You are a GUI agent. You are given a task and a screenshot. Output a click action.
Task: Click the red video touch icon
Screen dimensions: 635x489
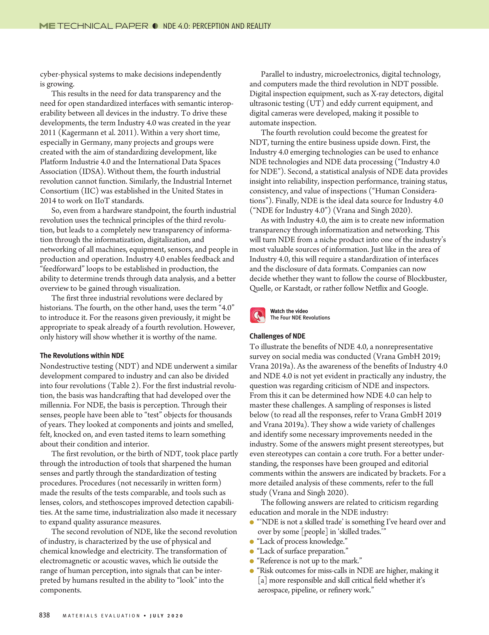258,315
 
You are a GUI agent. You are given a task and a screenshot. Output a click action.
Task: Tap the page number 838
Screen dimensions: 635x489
45,615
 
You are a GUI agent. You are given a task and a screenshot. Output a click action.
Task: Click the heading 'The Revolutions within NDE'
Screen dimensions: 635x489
82,355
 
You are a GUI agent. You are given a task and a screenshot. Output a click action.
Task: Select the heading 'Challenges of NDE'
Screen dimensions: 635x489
277,336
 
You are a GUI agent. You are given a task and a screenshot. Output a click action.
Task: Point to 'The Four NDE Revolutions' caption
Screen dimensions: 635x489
300,318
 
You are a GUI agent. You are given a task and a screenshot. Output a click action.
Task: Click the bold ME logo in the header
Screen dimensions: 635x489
47,26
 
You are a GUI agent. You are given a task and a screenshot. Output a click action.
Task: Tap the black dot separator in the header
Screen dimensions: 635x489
155,26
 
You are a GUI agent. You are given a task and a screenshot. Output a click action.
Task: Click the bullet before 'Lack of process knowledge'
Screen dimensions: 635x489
252,542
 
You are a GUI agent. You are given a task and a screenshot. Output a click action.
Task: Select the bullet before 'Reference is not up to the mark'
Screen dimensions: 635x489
252,561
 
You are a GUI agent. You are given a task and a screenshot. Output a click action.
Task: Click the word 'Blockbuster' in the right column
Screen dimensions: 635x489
426,278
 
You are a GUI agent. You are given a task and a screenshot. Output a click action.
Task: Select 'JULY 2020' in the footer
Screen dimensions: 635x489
167,616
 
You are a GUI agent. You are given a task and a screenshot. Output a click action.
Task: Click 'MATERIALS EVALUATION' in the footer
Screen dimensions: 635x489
101,616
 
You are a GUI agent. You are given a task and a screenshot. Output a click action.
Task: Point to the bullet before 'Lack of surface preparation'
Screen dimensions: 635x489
252,552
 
